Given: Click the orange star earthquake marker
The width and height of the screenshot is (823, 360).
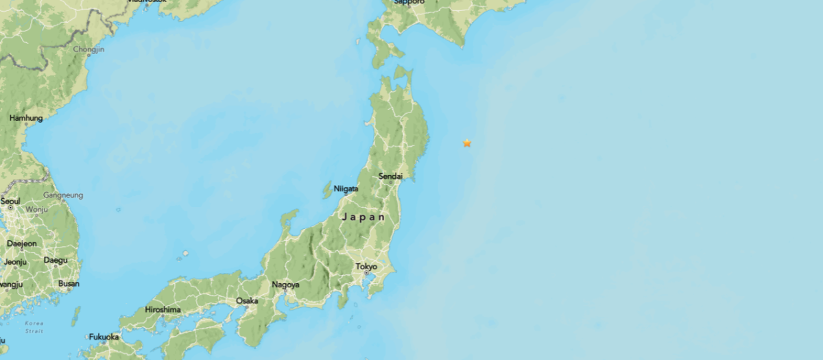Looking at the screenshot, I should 467,143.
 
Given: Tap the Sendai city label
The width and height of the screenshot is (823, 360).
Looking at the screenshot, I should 390,176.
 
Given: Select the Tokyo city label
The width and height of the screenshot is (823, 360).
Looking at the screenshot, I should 366,266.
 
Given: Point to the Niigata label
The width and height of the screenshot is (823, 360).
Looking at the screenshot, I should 346,189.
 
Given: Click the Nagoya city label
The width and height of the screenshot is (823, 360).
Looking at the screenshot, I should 285,285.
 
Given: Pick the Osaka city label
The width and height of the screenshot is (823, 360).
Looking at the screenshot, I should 247,300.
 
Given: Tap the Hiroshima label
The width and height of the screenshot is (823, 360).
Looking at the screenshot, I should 163,309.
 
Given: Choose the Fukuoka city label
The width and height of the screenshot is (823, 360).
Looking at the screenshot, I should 104,337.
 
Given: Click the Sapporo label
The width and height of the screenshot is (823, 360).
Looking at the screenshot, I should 409,2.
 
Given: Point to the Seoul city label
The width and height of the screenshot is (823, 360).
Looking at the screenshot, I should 10,201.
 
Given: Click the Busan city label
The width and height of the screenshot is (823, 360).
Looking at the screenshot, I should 69,283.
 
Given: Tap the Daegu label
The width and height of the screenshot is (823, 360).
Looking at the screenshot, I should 56,260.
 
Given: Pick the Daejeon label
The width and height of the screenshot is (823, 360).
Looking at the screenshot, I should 21,243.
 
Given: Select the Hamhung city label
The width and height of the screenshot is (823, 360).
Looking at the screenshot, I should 26,118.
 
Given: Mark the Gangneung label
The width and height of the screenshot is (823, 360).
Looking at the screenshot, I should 63,195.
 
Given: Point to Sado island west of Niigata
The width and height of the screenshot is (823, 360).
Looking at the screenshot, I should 328,189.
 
